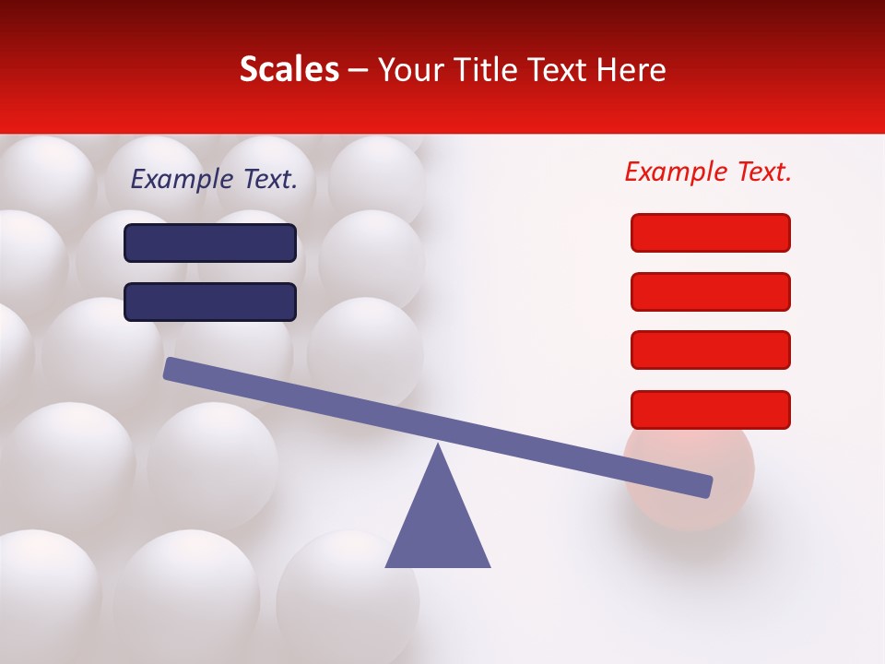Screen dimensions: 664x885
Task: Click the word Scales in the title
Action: [x=289, y=70]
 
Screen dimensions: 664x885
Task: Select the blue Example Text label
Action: [x=214, y=180]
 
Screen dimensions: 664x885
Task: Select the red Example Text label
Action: [x=708, y=172]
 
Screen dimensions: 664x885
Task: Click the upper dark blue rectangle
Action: [x=210, y=243]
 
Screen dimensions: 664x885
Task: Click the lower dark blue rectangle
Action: [x=210, y=302]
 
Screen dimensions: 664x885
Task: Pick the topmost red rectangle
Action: [x=710, y=232]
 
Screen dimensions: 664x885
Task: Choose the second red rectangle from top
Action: [x=710, y=291]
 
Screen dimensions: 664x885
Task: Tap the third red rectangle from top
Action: [x=710, y=350]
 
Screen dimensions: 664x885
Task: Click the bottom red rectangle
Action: [x=710, y=409]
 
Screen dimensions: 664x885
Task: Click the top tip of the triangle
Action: [x=438, y=447]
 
